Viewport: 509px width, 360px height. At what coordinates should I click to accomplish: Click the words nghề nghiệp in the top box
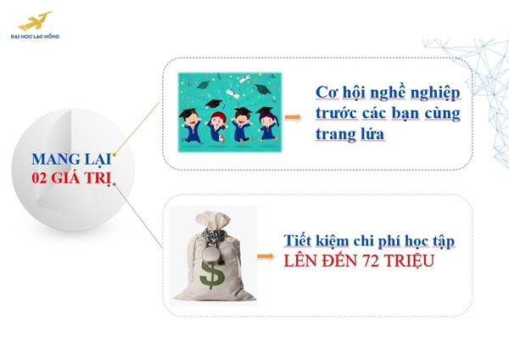406,92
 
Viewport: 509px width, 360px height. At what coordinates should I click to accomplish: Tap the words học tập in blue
429,242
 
